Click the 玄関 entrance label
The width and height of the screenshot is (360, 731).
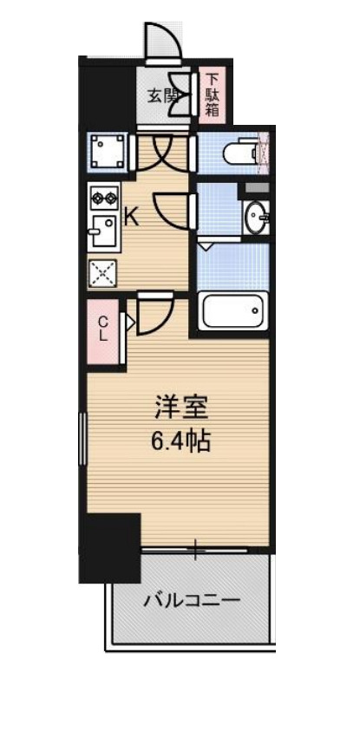point(160,95)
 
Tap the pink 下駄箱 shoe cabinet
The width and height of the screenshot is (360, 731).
point(212,96)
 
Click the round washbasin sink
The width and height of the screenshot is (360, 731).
point(255,217)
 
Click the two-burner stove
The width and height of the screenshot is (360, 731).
point(104,199)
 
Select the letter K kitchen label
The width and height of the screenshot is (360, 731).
point(132,217)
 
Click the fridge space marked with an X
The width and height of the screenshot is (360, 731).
point(103,274)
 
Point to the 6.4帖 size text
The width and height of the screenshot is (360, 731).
point(180,441)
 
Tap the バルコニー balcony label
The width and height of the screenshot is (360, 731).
point(192,600)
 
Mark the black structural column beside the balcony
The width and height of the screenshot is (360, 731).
point(110,548)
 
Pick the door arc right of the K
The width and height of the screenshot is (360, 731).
point(173,211)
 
